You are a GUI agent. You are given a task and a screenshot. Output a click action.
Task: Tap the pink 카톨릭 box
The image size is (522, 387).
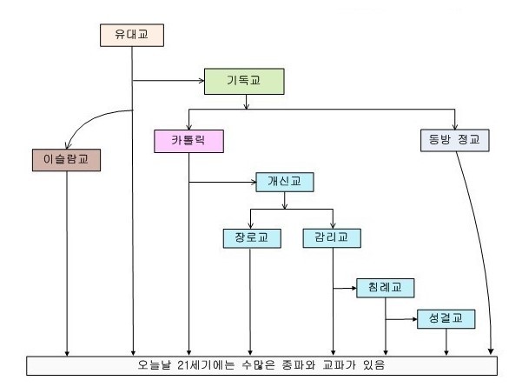[188, 141]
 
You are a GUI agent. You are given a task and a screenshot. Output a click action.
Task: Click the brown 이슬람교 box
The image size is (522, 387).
[65, 160]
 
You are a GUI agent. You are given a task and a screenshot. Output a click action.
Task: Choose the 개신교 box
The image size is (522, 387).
[284, 183]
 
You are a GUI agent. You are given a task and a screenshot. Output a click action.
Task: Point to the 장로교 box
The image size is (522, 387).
[250, 237]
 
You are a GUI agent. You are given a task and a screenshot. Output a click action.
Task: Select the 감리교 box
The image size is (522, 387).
[332, 237]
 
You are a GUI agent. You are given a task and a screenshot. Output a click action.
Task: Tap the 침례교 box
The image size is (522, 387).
[386, 286]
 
